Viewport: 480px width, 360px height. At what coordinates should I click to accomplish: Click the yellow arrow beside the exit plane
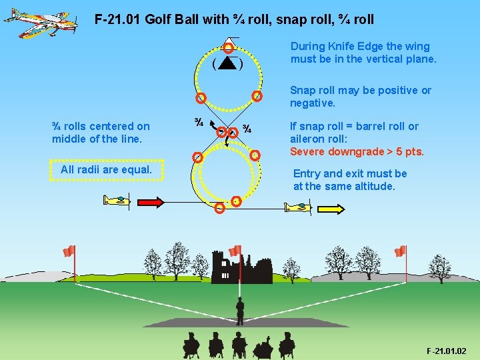(331, 209)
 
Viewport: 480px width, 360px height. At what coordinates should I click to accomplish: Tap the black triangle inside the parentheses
(227, 64)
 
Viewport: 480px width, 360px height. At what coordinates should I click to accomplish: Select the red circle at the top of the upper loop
(228, 47)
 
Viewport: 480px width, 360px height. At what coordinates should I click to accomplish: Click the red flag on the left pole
(68, 251)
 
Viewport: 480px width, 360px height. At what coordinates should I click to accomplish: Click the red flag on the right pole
(400, 251)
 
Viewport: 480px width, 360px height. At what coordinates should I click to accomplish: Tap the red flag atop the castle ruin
(235, 251)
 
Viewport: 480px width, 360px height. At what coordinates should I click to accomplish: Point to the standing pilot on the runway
(240, 311)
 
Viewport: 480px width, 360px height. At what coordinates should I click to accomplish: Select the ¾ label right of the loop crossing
(246, 129)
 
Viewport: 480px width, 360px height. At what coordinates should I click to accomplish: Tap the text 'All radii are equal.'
(106, 169)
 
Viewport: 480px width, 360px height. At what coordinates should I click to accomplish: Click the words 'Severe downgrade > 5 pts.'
(357, 151)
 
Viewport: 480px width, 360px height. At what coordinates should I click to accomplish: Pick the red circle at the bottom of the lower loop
(221, 207)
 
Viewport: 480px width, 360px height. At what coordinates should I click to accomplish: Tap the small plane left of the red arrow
(117, 200)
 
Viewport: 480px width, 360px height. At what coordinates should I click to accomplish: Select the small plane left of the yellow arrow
(298, 207)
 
